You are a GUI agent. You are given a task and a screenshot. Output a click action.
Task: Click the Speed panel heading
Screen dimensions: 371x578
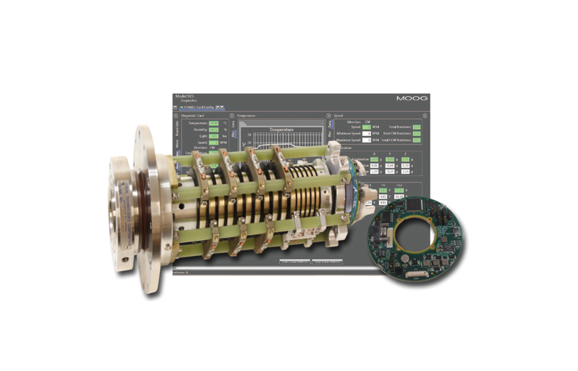click(x=338, y=115)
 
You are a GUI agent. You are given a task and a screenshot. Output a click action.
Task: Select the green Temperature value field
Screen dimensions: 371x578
click(x=213, y=124)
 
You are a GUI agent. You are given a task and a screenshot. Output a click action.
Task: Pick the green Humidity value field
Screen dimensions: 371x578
click(x=213, y=130)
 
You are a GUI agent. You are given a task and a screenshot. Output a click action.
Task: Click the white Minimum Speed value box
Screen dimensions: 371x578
click(x=366, y=133)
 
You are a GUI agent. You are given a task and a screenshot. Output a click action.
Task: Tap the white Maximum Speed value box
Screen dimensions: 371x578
click(x=366, y=140)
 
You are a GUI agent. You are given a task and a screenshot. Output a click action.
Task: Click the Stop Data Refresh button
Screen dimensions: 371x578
click(x=295, y=261)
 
